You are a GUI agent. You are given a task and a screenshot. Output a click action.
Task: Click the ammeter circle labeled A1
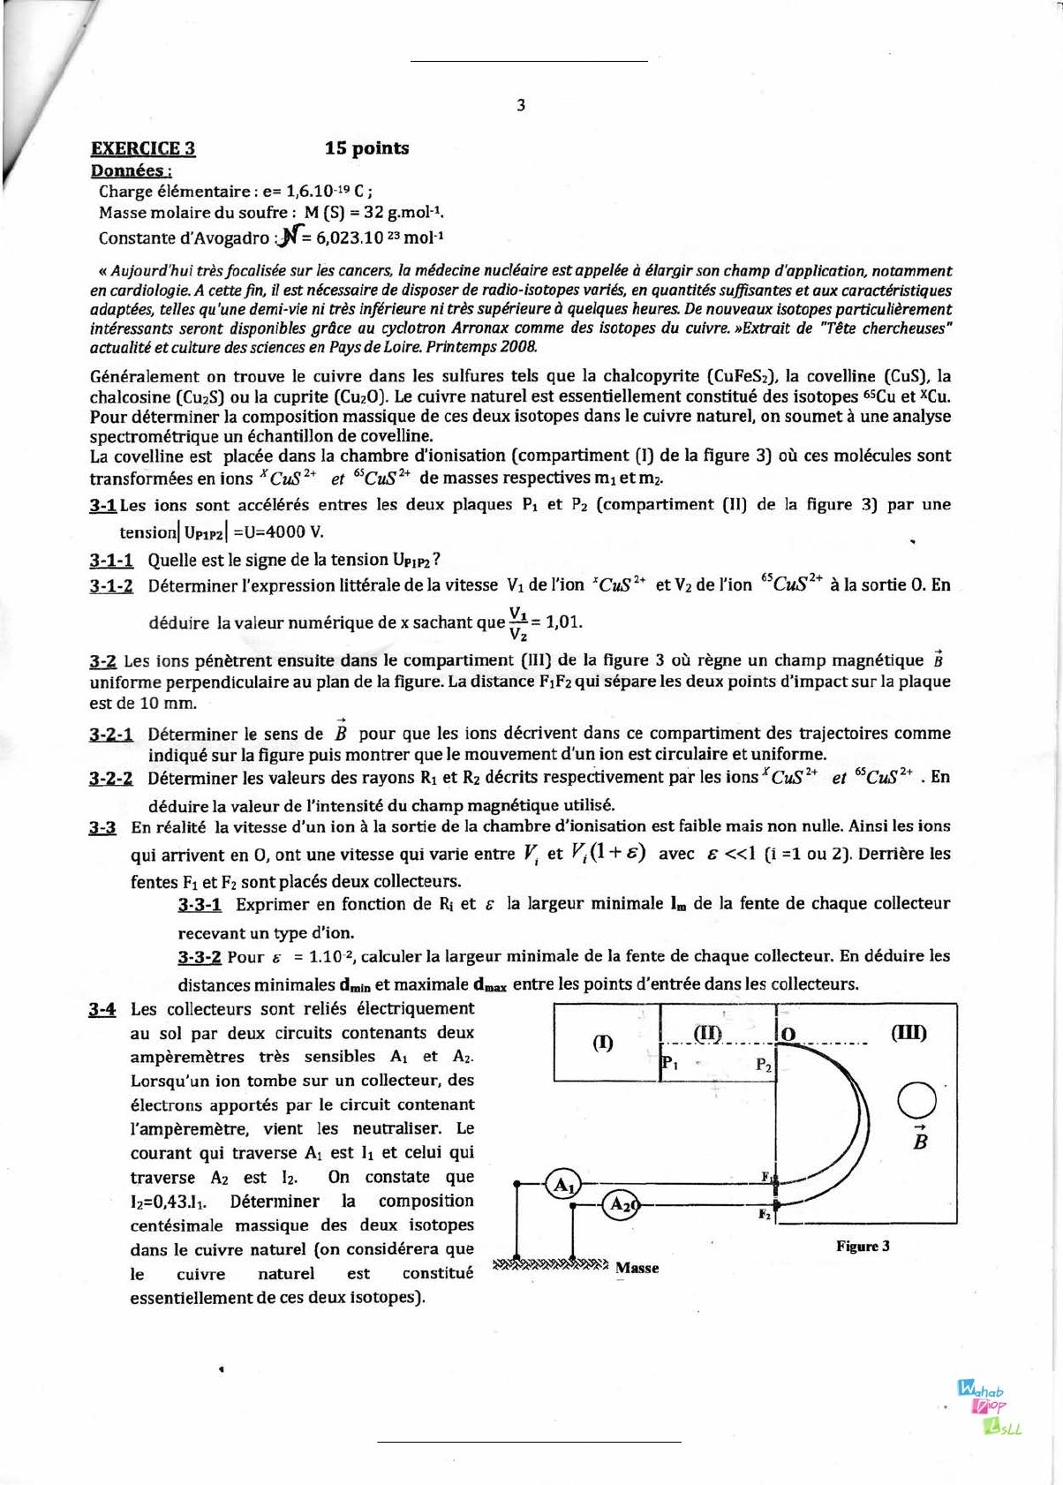click(x=562, y=1185)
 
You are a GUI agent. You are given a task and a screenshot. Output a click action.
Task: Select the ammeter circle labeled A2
click(x=621, y=1204)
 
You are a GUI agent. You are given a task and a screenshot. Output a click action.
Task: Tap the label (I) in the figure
click(x=602, y=1043)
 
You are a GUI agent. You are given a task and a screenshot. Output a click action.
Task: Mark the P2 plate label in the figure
click(x=765, y=1066)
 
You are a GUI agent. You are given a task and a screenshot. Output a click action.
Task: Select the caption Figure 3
click(x=862, y=1246)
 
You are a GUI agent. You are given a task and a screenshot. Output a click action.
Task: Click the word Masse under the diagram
click(x=637, y=1268)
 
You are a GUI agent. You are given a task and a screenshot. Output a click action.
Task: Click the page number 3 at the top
click(x=521, y=105)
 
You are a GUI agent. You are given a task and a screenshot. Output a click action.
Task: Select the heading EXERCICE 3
click(x=143, y=147)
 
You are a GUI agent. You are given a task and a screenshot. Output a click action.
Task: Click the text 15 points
click(x=366, y=147)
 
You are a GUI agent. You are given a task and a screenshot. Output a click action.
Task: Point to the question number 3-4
click(x=102, y=1009)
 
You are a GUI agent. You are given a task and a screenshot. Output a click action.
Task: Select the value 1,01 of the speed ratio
click(x=563, y=621)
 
